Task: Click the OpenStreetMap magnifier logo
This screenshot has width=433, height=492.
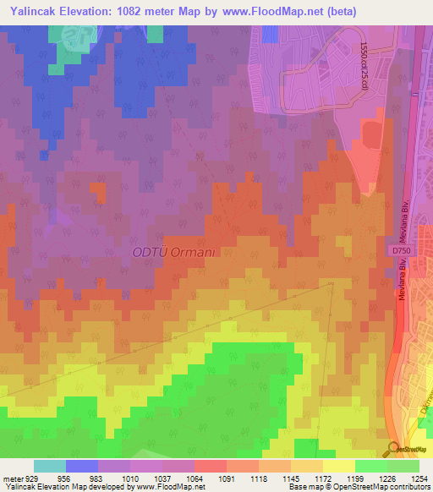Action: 393,448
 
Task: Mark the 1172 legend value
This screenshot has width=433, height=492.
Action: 323,478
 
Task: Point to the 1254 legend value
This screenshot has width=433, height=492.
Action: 417,478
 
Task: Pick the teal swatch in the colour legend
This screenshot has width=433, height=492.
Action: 50,466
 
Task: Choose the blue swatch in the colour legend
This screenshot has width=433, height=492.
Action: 82,466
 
